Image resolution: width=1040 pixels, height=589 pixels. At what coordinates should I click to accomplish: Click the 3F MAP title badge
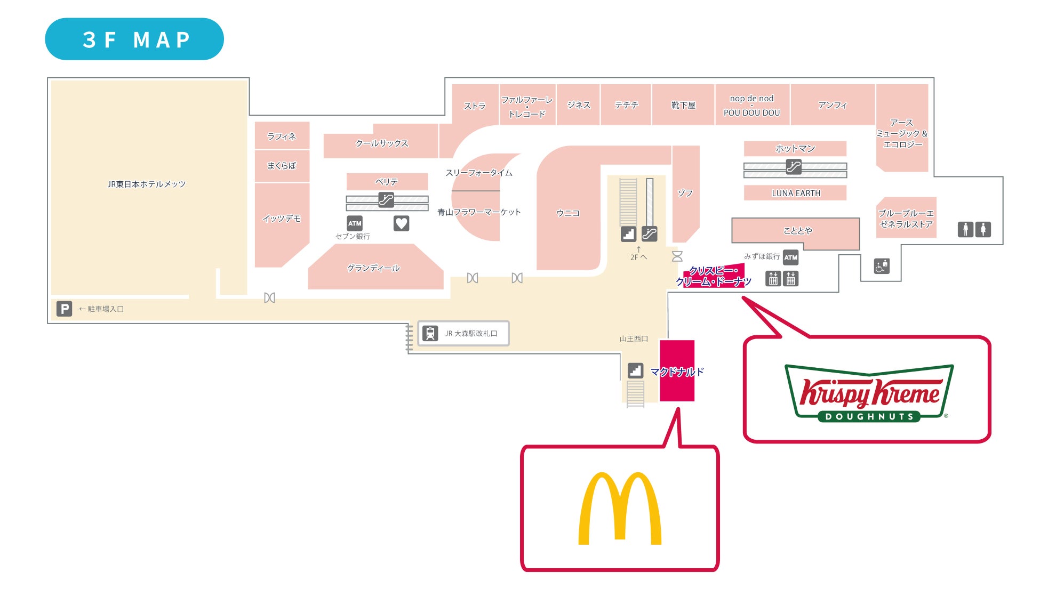coord(134,39)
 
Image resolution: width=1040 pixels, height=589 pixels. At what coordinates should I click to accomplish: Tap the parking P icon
coord(64,309)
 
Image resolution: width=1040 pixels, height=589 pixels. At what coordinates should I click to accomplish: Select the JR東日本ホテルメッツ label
coord(147,184)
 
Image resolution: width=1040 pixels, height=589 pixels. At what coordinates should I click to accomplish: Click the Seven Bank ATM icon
coord(355,223)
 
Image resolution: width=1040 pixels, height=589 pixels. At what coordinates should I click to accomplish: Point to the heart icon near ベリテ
coord(401,223)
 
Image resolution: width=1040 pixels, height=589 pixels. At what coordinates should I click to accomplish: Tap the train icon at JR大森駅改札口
coord(430,333)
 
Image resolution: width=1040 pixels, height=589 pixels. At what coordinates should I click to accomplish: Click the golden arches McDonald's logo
coord(620,509)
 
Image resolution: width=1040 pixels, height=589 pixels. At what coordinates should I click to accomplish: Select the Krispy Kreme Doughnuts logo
coord(869,393)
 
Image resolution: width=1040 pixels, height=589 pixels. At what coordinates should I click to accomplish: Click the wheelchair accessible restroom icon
coord(882,265)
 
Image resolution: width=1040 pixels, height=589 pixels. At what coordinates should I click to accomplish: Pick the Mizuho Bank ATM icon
coord(791,257)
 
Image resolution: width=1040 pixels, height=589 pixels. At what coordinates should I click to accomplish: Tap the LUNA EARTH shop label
coord(796,193)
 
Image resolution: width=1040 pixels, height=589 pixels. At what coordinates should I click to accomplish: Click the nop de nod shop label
coord(751,99)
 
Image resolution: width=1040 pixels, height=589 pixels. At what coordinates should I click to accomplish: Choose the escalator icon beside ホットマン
coord(794,167)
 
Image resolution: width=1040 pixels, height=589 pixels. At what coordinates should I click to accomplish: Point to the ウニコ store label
coord(568,213)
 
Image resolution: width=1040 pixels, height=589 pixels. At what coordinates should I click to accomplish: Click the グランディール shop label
coord(373,268)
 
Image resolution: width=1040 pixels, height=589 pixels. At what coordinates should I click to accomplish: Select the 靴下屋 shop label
coord(683,106)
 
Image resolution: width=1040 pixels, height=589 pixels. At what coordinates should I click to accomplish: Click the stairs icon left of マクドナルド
coord(635,370)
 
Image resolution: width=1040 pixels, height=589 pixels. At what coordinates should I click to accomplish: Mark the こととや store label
coord(797,231)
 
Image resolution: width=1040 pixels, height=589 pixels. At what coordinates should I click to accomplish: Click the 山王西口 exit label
coord(634,339)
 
